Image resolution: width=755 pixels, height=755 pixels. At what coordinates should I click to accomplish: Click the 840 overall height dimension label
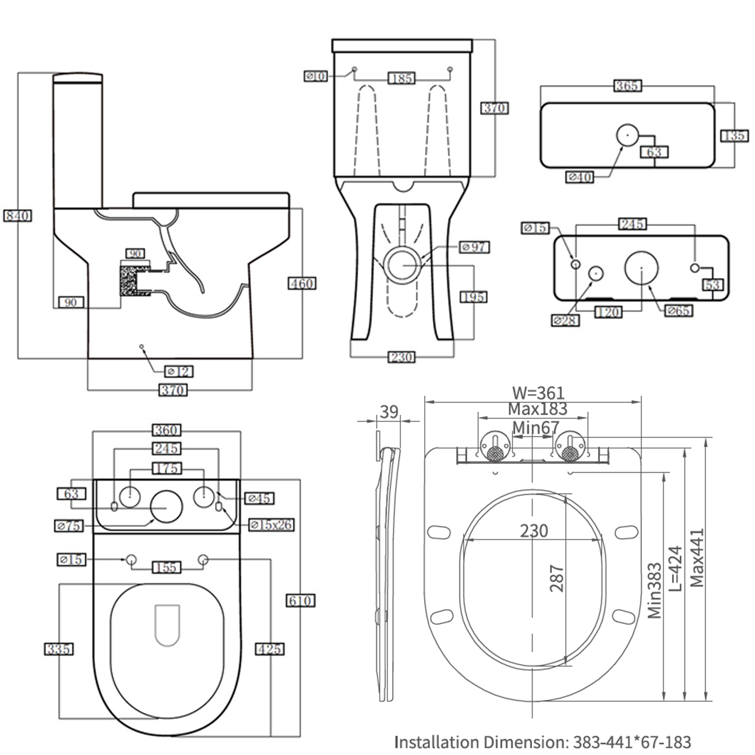tap(18, 216)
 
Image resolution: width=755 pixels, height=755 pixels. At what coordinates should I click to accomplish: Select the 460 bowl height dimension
tap(302, 283)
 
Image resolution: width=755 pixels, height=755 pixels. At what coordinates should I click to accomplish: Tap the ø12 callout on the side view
tap(179, 371)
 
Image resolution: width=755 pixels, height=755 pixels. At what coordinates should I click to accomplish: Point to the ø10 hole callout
tap(316, 77)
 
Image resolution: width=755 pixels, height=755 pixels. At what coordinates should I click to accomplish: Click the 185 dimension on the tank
tap(401, 79)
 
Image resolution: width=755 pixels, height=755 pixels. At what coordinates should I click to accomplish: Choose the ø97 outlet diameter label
tap(474, 247)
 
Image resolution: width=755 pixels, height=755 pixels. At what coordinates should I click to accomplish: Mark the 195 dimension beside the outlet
tap(474, 297)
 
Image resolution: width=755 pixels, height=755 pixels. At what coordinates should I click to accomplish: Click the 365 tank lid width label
tap(627, 86)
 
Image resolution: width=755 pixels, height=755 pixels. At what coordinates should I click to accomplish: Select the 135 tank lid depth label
tap(734, 135)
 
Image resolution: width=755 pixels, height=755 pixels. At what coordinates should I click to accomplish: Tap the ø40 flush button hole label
tap(580, 177)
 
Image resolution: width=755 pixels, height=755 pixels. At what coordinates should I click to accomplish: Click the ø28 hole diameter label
tap(565, 320)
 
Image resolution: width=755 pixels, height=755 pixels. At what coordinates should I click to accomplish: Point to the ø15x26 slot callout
tap(271, 524)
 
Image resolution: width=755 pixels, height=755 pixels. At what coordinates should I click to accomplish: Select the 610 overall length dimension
tap(300, 600)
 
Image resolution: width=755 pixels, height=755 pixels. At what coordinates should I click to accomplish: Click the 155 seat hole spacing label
tap(166, 568)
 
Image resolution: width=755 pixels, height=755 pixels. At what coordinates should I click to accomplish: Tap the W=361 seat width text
tap(538, 393)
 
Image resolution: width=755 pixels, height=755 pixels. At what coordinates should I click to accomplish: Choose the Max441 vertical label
tap(697, 558)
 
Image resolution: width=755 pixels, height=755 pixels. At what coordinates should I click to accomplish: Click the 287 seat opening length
tap(556, 578)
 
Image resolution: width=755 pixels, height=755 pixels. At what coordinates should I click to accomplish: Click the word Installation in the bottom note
tap(436, 742)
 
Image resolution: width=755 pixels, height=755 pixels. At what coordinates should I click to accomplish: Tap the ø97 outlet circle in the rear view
tap(403, 265)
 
